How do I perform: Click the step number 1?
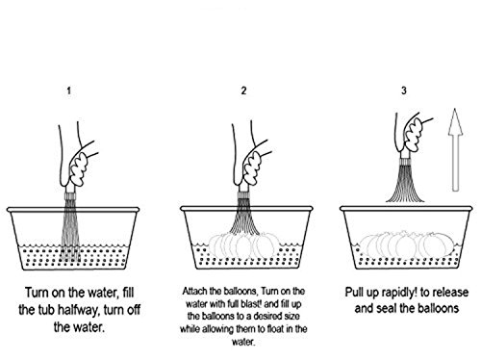pyautogui.click(x=69, y=90)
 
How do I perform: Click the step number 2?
pyautogui.click(x=243, y=90)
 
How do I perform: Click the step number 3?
pyautogui.click(x=404, y=90)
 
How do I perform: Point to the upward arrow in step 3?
pyautogui.click(x=455, y=150)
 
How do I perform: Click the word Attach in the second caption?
pyautogui.click(x=195, y=292)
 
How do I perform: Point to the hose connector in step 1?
pyautogui.click(x=70, y=195)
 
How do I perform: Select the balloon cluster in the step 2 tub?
pyautogui.click(x=242, y=244)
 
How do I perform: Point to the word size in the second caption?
pyautogui.click(x=291, y=317)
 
